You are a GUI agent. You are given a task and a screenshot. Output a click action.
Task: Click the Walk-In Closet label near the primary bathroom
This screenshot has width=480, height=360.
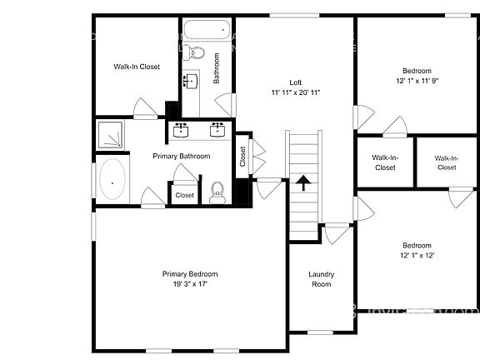(x=137, y=67)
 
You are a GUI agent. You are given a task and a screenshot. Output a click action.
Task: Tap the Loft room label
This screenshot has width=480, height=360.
(x=295, y=82)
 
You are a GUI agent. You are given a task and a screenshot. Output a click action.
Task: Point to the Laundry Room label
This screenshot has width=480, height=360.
(x=321, y=279)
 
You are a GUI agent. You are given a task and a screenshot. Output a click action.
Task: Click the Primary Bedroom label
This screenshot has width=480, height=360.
(x=189, y=274)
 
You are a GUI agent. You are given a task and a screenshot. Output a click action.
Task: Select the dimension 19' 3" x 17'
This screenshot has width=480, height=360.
(x=189, y=284)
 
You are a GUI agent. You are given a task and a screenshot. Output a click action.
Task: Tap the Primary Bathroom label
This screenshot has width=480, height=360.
(x=181, y=156)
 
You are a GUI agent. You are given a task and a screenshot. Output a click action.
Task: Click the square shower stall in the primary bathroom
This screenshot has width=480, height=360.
(x=111, y=136)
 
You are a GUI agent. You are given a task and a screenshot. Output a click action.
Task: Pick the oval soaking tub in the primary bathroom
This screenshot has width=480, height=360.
(x=112, y=179)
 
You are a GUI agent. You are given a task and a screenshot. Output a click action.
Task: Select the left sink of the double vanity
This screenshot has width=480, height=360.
(x=181, y=129)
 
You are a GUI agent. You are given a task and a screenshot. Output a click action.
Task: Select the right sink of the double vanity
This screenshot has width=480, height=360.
(x=217, y=129)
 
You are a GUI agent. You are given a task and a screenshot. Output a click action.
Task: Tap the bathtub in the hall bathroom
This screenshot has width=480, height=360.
(x=205, y=31)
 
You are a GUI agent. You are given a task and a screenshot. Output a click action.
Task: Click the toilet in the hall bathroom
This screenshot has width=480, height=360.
(x=197, y=53)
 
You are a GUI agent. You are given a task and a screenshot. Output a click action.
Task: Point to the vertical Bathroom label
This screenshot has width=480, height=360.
(x=217, y=69)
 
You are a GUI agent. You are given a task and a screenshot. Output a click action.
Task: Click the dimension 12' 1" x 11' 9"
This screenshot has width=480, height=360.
(x=417, y=81)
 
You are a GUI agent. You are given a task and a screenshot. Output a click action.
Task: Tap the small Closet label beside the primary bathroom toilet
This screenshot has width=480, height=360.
(x=184, y=195)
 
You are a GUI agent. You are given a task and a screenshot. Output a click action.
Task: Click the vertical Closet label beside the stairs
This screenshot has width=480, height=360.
(x=242, y=157)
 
